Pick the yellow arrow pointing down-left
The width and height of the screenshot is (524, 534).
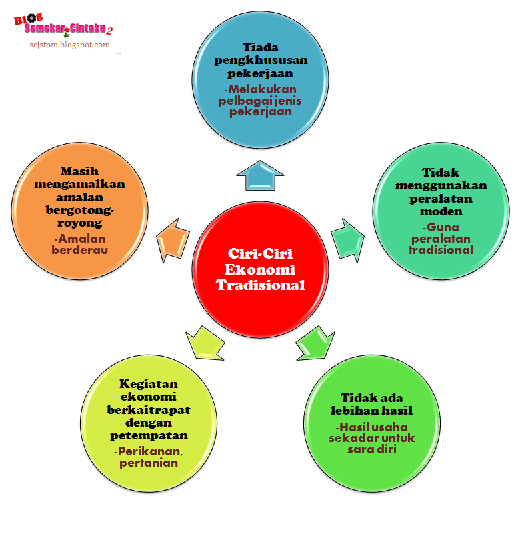(204, 341)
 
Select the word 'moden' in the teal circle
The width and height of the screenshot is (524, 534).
(441, 211)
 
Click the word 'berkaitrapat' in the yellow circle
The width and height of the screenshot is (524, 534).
(149, 409)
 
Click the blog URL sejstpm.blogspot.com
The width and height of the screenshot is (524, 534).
(69, 45)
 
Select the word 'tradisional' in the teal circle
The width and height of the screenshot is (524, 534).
(441, 250)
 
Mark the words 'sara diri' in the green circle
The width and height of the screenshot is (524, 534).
(372, 449)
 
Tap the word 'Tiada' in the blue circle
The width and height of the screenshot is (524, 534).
(261, 47)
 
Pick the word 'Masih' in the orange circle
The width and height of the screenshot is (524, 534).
(79, 171)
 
